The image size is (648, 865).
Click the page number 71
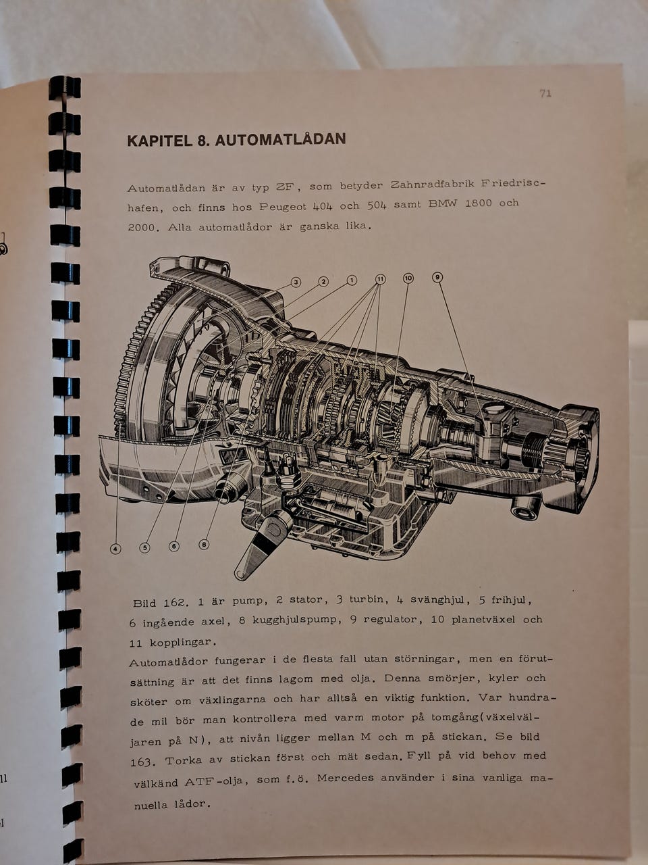pos(545,93)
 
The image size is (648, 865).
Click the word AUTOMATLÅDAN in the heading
pos(281,140)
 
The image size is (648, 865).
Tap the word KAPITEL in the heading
pos(159,141)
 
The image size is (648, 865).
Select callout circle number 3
pos(296,282)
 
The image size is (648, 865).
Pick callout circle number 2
pos(323,281)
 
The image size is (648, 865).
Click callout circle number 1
pos(352,280)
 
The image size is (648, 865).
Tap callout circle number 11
pos(381,279)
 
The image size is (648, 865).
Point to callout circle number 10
pos(408,278)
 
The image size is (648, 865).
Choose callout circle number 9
pos(437,277)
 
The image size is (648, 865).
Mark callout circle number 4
pos(115,549)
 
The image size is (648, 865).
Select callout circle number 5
pos(144,548)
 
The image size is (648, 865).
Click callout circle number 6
pos(174,546)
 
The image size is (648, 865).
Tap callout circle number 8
pos(204,545)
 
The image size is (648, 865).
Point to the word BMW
pos(443,204)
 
